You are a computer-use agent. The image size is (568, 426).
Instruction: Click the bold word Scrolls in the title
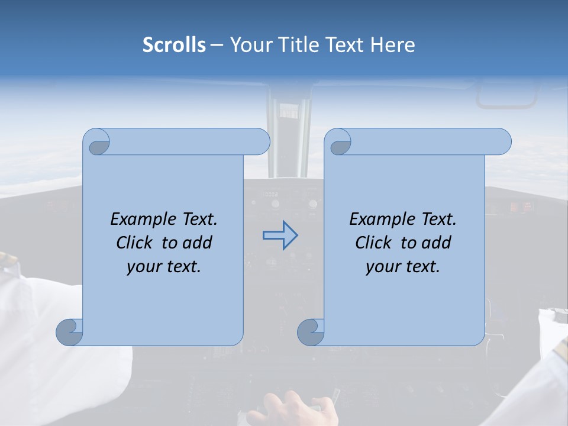tap(175, 45)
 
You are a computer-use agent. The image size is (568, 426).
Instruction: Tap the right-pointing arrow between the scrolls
tap(280, 235)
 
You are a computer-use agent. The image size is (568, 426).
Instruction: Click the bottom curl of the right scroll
tap(310, 332)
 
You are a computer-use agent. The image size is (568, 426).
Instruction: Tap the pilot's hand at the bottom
tap(290, 408)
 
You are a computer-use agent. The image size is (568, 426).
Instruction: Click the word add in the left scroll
tap(196, 243)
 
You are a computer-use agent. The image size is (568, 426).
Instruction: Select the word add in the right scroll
tap(435, 243)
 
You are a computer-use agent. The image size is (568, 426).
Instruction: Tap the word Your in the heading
tap(248, 45)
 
